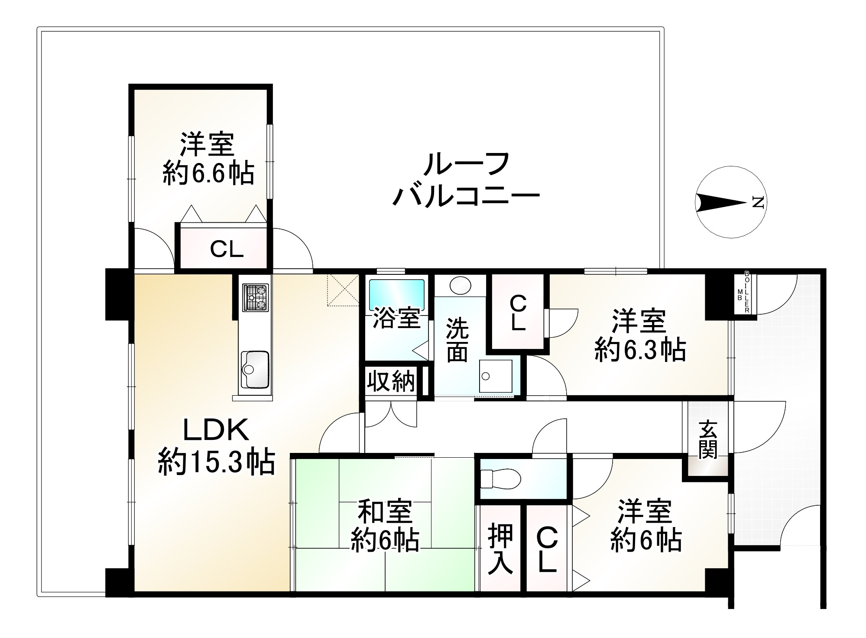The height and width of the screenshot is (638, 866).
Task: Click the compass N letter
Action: pos(758,202)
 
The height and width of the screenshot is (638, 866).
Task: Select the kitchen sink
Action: pos(255,370)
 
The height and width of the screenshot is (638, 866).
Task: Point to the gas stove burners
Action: pos(256,297)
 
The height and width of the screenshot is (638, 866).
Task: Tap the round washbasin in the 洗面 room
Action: pos(460,286)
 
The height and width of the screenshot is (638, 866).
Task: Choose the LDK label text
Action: pos(216,431)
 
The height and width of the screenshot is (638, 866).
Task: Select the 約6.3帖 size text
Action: pos(640,350)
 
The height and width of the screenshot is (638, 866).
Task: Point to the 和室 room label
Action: pos(385,512)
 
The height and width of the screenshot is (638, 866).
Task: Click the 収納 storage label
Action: pos(391,382)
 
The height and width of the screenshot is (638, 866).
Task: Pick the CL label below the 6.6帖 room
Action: pos(226,249)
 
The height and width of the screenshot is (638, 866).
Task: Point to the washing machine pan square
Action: pos(496,376)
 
